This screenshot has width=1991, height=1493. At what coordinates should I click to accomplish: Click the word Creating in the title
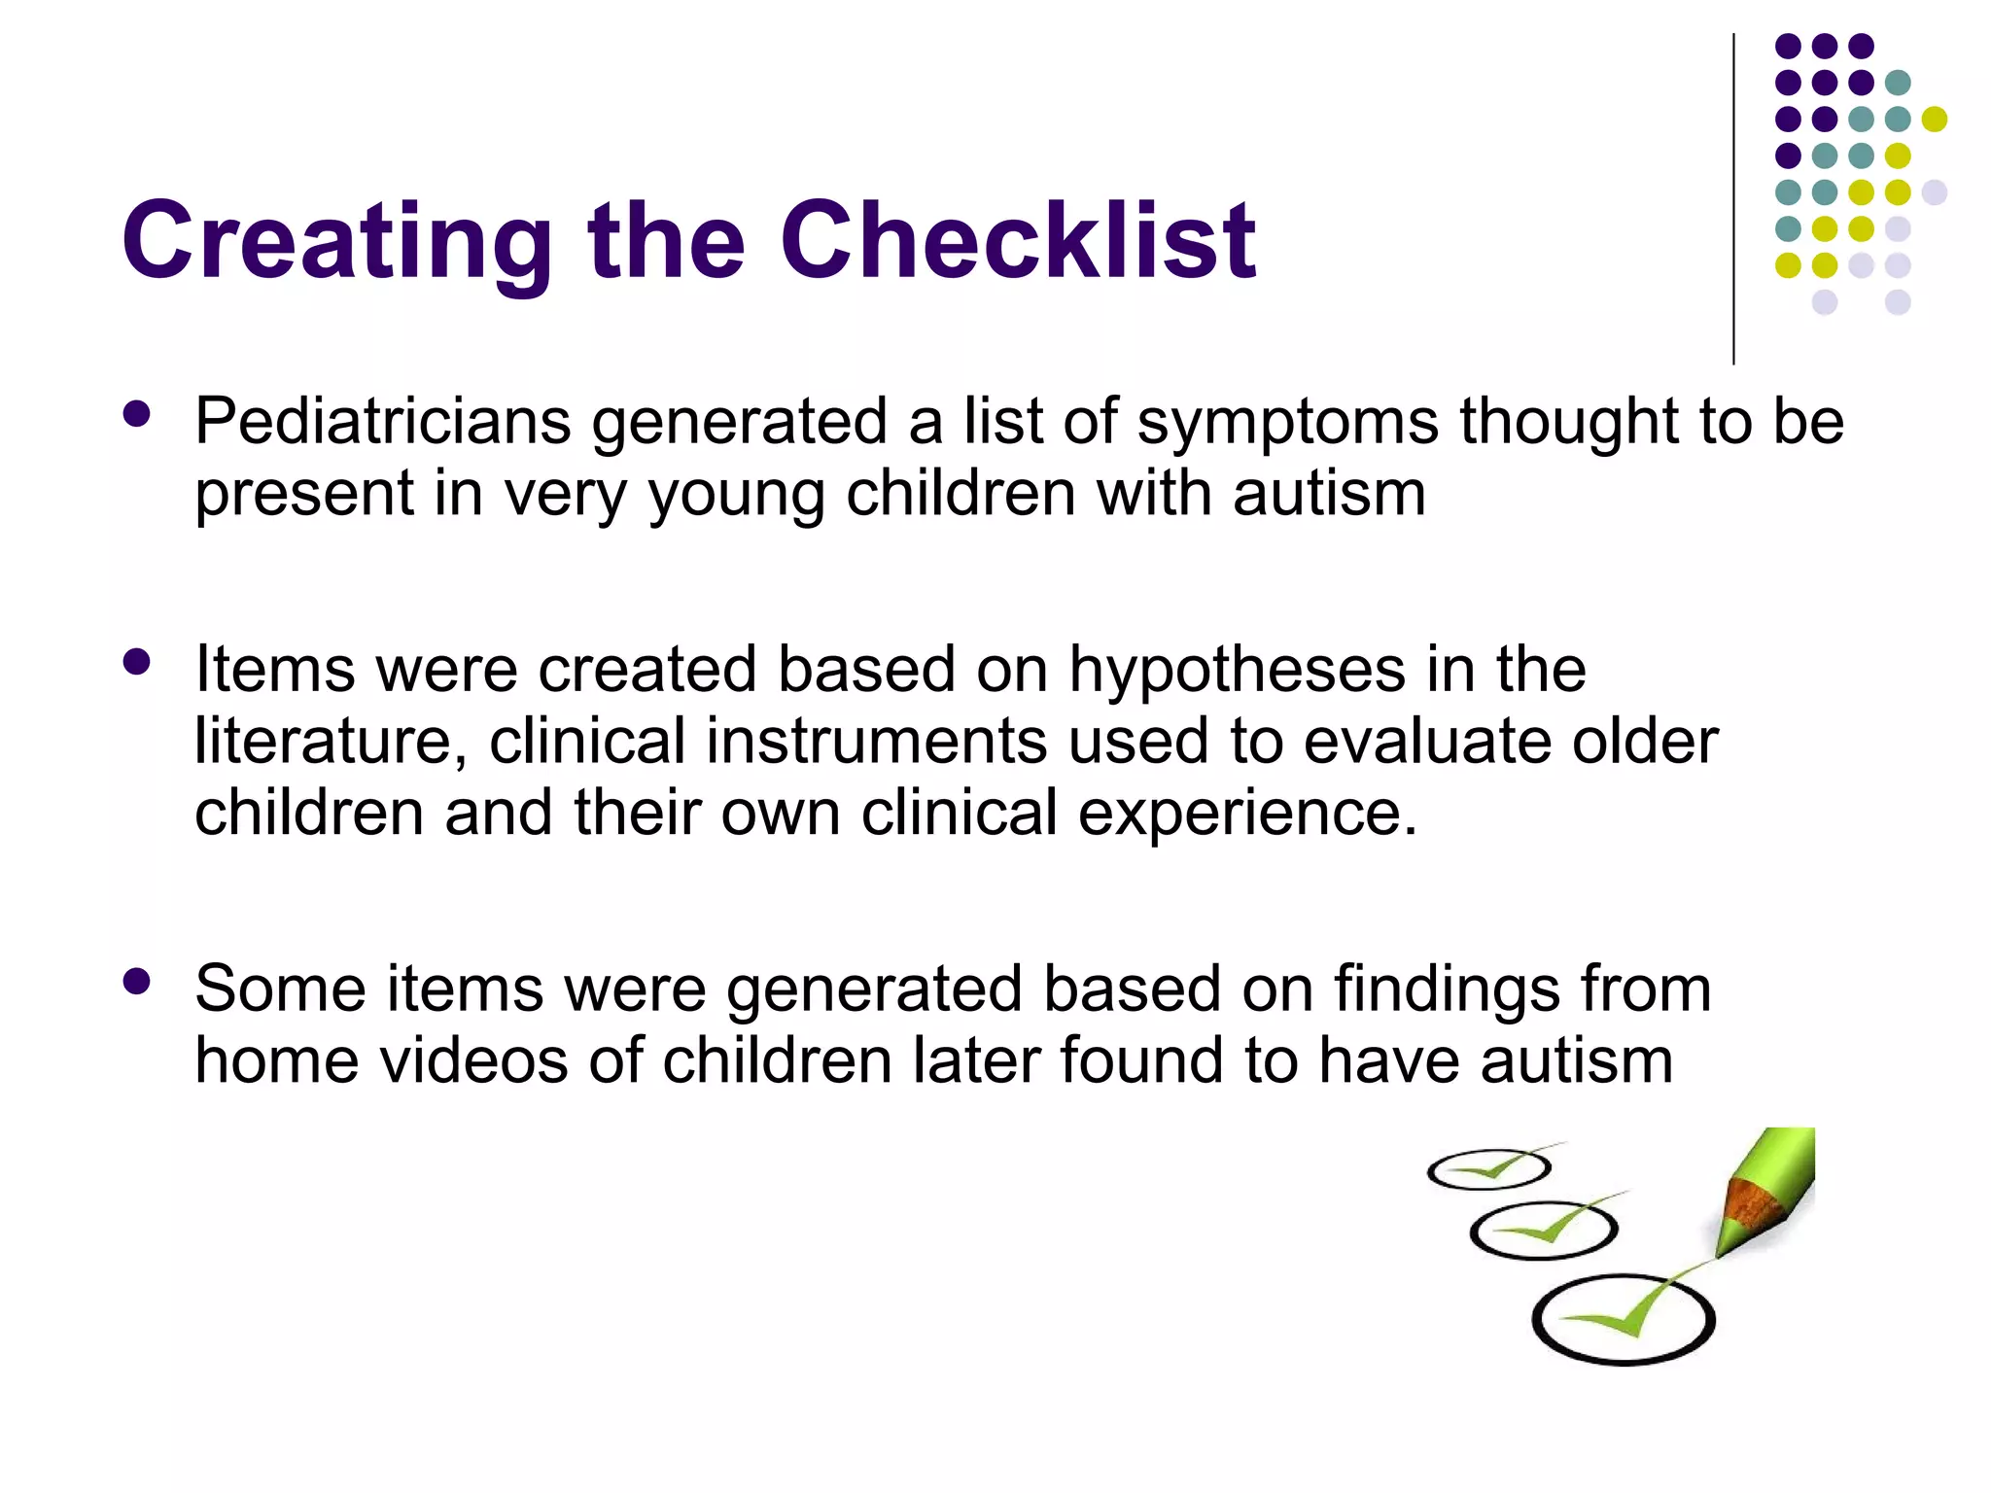[337, 240]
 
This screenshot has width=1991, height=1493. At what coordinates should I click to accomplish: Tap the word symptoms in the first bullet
[1287, 424]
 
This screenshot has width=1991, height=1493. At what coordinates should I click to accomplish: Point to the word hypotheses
[1238, 671]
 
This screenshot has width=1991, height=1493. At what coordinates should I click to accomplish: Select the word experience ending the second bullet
[1247, 814]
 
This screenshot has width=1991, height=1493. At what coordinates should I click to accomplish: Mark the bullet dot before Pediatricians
[137, 415]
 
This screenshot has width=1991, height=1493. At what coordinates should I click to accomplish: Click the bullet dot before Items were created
[137, 663]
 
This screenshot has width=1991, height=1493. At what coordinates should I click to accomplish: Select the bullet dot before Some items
[137, 982]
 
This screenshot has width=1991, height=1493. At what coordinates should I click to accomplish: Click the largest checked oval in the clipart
[1623, 1320]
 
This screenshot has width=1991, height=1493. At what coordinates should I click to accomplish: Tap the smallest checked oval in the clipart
[1488, 1169]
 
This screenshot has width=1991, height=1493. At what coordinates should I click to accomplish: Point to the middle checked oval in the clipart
[1543, 1231]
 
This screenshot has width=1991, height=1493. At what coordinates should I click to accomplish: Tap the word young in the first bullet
[735, 496]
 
